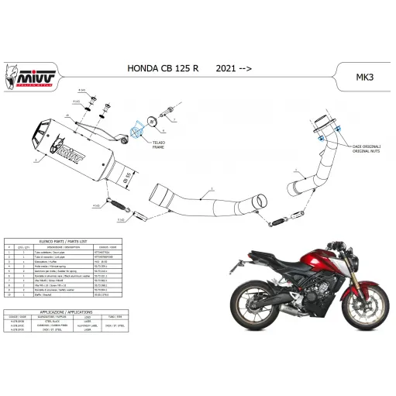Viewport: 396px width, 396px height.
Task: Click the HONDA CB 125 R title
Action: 162,68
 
